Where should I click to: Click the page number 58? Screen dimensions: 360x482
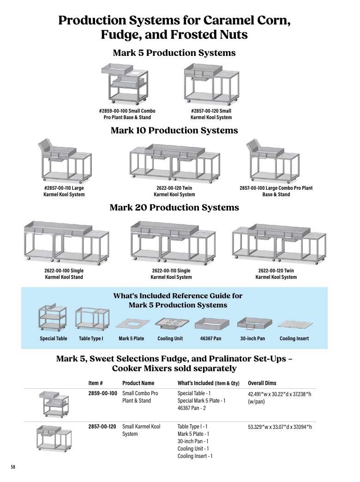point(13,467)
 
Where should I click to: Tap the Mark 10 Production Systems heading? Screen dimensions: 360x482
point(174,130)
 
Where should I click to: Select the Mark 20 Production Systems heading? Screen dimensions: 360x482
point(174,207)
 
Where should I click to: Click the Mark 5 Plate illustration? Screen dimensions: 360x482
point(132,324)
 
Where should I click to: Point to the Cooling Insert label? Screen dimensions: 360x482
point(294,338)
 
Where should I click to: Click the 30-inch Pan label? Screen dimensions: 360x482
point(252,338)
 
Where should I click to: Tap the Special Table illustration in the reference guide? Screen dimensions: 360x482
point(52,317)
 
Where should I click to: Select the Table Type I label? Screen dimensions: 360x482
point(91,338)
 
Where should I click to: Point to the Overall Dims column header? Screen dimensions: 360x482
point(262,383)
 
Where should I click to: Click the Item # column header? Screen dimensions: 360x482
point(96,383)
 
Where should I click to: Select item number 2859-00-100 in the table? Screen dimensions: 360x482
point(102,393)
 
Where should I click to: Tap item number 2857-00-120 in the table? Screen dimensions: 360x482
point(102,427)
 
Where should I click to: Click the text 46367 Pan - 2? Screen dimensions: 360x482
point(192,408)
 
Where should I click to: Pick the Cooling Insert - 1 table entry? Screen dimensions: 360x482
point(195,456)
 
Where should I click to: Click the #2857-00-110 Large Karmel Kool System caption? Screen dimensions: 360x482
point(64,191)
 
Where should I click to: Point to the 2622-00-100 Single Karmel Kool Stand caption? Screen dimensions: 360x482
point(64,274)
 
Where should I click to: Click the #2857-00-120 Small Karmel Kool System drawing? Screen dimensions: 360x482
point(211,84)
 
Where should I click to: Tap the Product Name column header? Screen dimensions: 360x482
point(138,383)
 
